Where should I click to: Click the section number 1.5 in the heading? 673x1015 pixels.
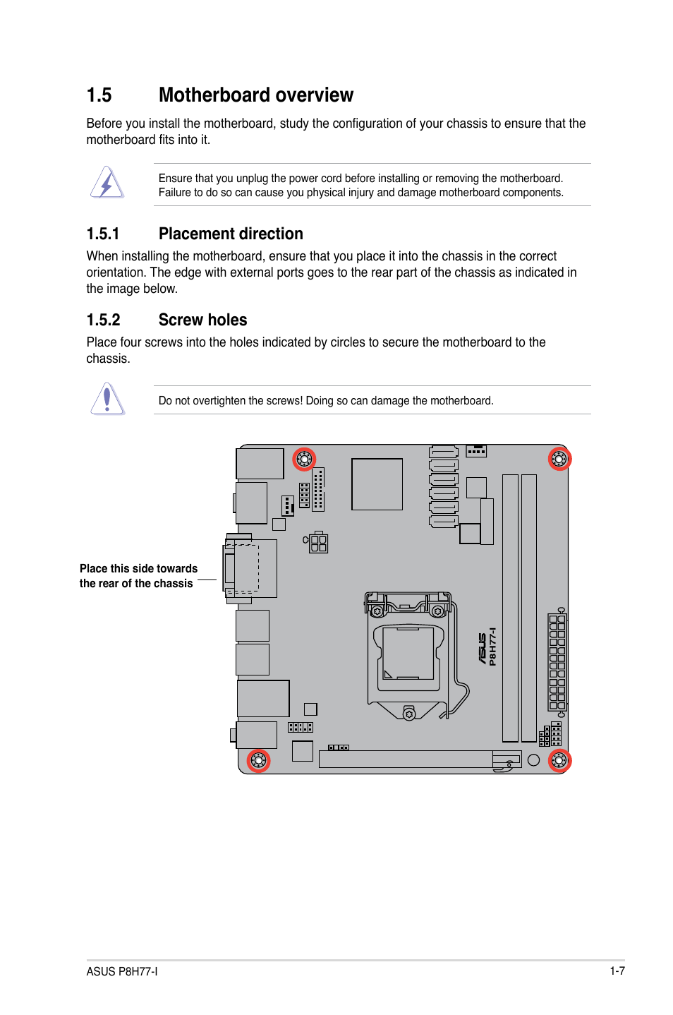pos(99,95)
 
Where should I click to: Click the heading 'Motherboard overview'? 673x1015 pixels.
pos(255,95)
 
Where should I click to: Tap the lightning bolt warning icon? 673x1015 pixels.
pos(107,183)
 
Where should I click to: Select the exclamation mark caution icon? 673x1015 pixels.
pos(107,399)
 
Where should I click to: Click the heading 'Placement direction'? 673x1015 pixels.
pos(231,234)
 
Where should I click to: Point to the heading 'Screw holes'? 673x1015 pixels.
pos(202,320)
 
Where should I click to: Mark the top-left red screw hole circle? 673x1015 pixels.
pos(304,459)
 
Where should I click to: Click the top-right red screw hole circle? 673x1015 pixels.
pos(559,459)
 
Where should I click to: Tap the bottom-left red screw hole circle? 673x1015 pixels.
pos(258,760)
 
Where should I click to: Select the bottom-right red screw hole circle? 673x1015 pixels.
pos(559,760)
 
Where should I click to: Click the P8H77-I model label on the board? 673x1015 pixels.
pos(492,647)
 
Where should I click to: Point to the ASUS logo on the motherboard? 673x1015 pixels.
pos(482,649)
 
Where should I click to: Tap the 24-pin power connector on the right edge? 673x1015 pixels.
pos(557,662)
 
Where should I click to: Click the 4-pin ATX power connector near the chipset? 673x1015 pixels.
pos(318,543)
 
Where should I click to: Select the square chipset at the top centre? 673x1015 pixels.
pos(377,484)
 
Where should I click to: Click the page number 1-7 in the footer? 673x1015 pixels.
pos(617,971)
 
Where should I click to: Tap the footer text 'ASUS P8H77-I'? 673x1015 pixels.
pos(122,971)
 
